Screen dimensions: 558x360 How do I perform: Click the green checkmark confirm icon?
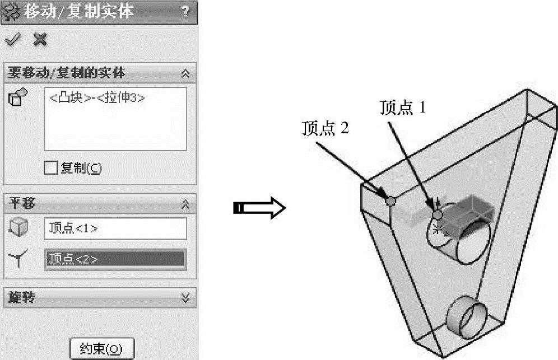click(x=12, y=39)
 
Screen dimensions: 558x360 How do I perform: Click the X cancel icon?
click(x=40, y=39)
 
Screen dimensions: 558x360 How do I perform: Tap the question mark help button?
click(x=185, y=12)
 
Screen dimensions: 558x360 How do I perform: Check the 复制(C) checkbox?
click(x=51, y=167)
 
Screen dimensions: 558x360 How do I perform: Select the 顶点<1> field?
click(x=115, y=228)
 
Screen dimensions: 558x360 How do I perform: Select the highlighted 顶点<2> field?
click(x=115, y=258)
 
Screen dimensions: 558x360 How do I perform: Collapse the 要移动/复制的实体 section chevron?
click(x=185, y=73)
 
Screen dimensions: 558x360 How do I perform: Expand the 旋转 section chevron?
click(x=185, y=297)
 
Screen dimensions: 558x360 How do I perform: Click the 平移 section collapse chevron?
click(x=185, y=204)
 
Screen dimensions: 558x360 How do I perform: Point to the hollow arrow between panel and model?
click(x=259, y=209)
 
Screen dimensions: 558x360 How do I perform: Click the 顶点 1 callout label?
click(x=403, y=107)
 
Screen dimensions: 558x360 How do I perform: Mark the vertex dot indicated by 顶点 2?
click(x=391, y=200)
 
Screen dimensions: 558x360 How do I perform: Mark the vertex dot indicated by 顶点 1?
click(x=438, y=214)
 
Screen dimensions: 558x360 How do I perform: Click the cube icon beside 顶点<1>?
click(x=20, y=227)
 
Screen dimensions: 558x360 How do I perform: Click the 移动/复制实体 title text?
click(x=78, y=12)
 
